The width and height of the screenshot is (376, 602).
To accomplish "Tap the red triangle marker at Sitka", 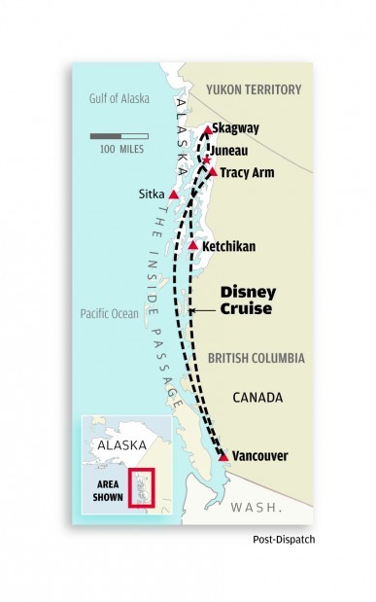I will pos(174,195).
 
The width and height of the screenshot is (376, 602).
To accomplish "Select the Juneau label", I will pos(234,151).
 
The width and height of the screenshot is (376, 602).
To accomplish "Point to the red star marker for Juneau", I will pos(206,159).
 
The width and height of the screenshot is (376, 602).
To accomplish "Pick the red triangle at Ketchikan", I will pos(193,246).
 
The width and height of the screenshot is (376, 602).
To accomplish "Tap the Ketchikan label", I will pos(229,247).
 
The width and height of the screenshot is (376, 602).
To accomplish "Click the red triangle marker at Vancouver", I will pos(224,455).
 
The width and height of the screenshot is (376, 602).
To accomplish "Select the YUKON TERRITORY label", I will pos(255,90).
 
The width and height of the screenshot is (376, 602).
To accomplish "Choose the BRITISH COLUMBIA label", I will pos(256,358).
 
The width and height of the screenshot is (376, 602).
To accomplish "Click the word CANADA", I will pos(256,397).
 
